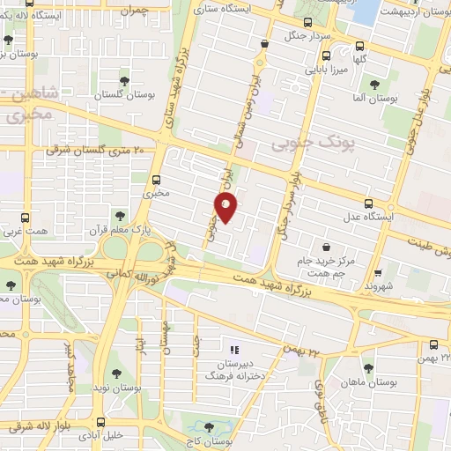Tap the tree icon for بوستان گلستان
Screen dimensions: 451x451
(126, 80)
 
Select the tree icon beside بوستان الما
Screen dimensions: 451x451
(374, 85)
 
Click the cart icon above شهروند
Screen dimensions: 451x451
(378, 272)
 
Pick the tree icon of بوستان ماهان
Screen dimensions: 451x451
(368, 368)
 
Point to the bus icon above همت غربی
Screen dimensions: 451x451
(24, 218)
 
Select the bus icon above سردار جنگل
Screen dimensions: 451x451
(306, 23)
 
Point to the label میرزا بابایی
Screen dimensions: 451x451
(327, 66)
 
